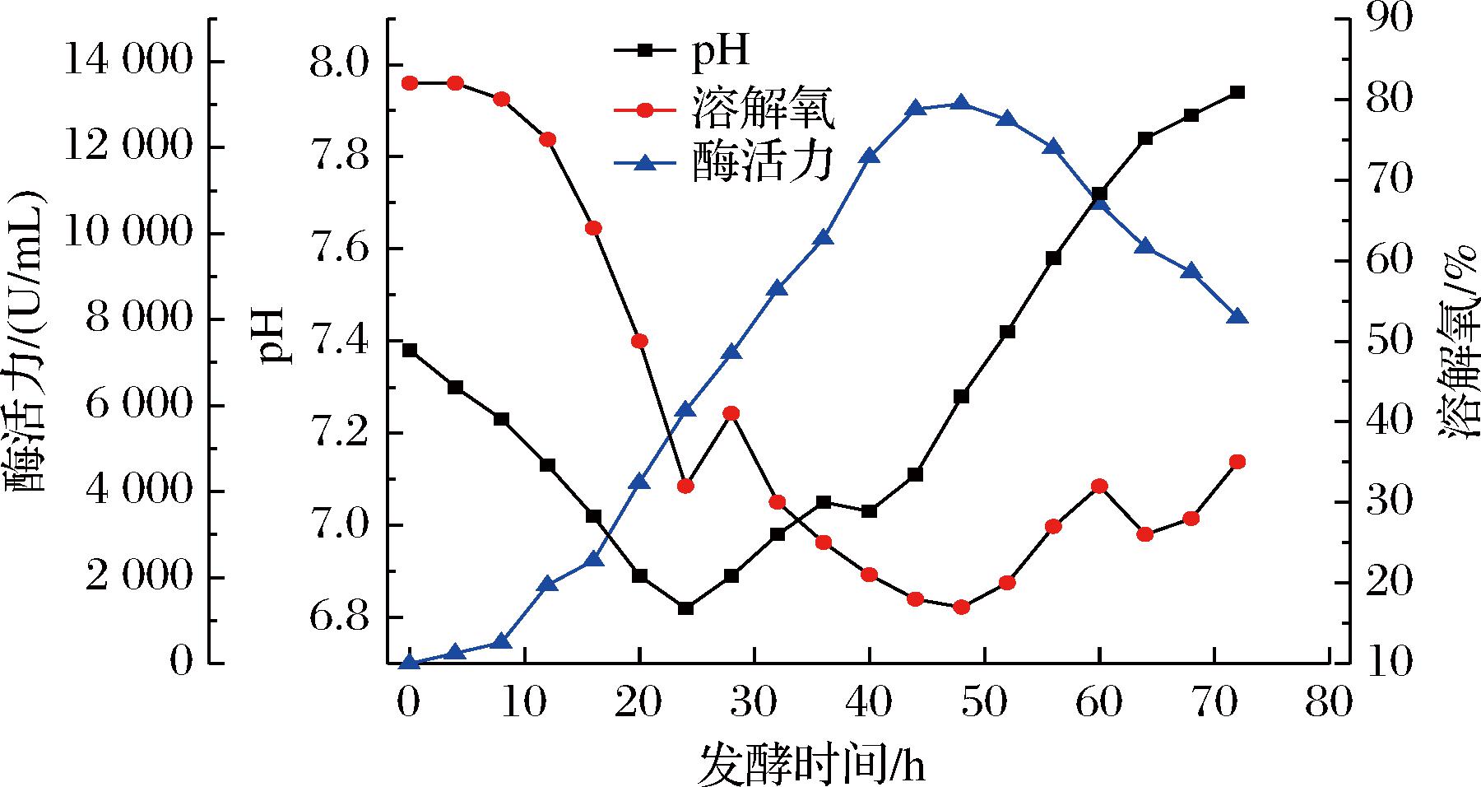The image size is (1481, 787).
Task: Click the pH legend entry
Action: point(682,51)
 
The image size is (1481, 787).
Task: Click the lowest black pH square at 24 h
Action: point(685,608)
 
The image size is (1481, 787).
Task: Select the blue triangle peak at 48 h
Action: point(961,103)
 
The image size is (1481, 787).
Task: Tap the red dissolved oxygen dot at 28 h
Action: point(731,413)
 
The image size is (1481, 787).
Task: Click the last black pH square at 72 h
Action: point(1237,92)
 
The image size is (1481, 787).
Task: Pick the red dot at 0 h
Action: point(409,82)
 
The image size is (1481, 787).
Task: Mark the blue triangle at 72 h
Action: point(1237,317)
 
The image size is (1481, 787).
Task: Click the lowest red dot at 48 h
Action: point(961,608)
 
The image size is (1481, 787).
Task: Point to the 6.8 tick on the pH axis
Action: point(338,617)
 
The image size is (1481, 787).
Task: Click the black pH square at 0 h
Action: point(409,350)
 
